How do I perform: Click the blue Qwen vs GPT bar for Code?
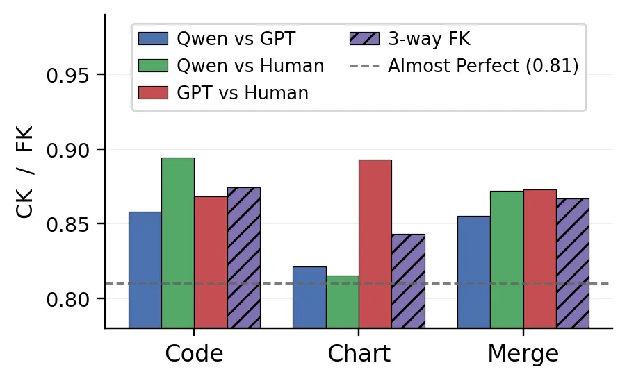(x=145, y=270)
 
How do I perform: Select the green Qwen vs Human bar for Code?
(x=178, y=243)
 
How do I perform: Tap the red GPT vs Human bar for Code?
(x=211, y=262)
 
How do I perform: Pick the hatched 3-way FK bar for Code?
(x=244, y=258)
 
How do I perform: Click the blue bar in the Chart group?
(x=309, y=298)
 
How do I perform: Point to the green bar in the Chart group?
(x=343, y=302)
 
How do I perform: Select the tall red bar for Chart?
(x=375, y=244)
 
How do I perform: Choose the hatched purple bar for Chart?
(x=408, y=281)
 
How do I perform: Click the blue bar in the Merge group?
(x=474, y=272)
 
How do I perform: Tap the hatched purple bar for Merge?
(x=573, y=264)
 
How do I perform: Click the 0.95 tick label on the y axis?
(x=67, y=75)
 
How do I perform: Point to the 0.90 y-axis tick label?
(x=67, y=150)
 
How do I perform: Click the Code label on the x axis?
(x=194, y=353)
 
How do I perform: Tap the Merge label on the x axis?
(x=523, y=354)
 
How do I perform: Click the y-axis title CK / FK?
(x=25, y=171)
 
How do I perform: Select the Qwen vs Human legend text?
(x=250, y=66)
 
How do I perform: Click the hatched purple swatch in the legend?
(x=364, y=39)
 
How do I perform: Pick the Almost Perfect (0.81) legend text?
(x=483, y=66)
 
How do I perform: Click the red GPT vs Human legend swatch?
(x=153, y=93)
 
